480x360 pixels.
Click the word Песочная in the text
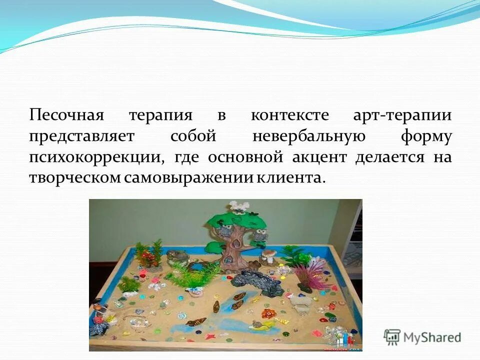[x=66, y=115]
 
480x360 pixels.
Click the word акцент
[x=320, y=157]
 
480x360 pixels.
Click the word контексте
[x=289, y=115]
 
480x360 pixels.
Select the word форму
[x=426, y=136]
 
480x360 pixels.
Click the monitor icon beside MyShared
[x=392, y=337]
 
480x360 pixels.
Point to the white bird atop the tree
[x=239, y=207]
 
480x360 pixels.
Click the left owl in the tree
[x=224, y=231]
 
